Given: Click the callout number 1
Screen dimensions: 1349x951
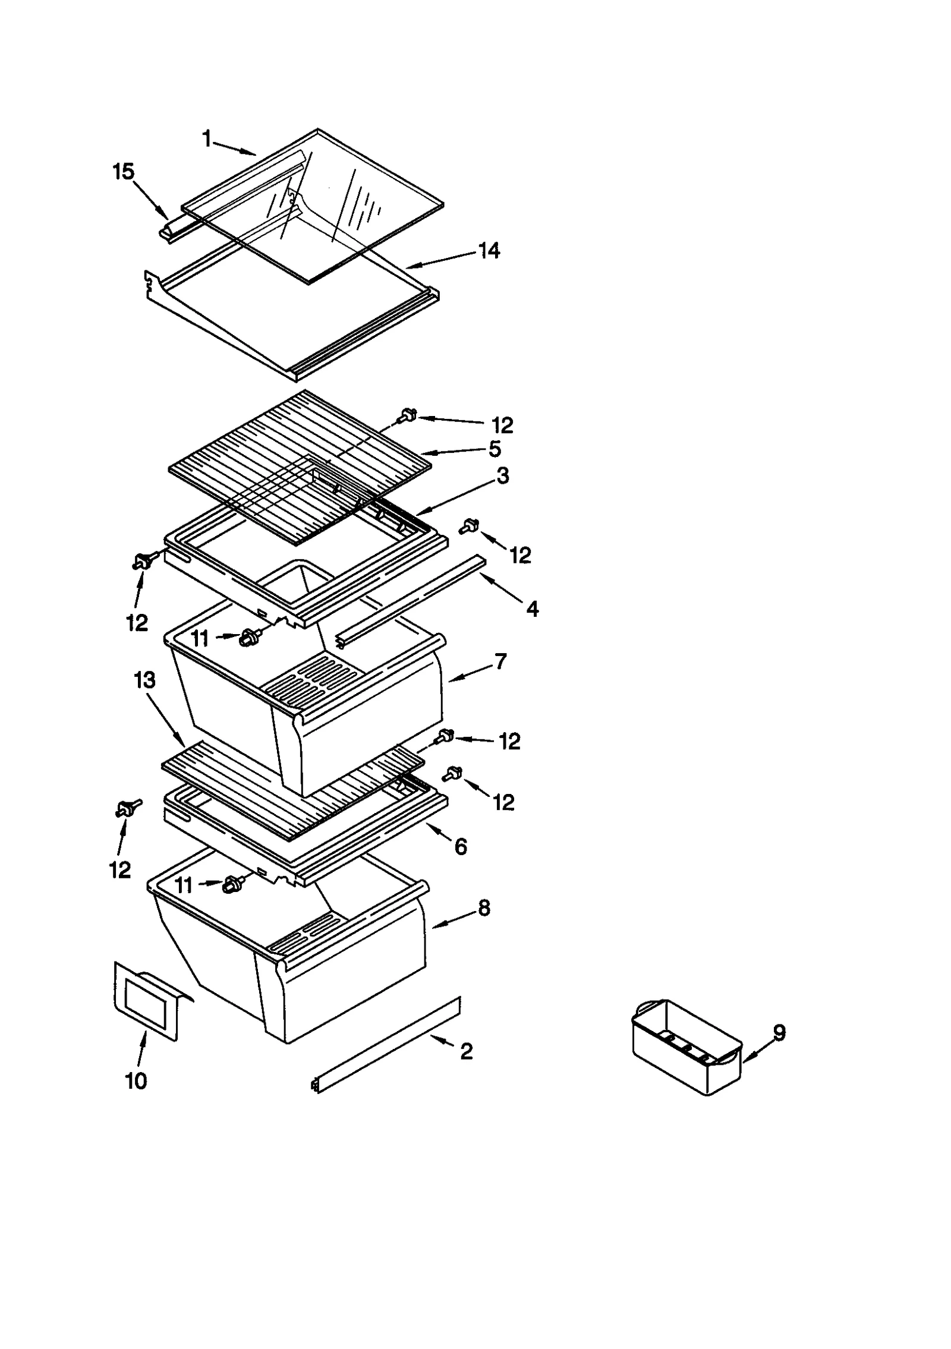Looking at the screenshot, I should point(207,140).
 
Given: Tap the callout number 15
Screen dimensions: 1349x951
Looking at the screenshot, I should point(124,172).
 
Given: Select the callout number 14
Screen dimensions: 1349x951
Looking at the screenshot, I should point(489,251).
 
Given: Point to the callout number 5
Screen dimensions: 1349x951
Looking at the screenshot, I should point(495,449).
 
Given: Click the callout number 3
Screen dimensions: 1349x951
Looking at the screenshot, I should point(503,476).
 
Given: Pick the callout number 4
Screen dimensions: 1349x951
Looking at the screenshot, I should point(533,609).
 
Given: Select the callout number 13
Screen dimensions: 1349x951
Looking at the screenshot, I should point(144,680).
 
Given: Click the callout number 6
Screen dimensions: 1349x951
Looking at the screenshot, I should point(461,847).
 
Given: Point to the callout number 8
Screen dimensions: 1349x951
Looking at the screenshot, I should point(484,908).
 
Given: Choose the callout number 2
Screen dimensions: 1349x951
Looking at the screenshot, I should point(467,1051).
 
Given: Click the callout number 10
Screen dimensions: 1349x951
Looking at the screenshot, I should point(136,1081).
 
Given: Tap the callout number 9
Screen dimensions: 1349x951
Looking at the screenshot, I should point(779,1033).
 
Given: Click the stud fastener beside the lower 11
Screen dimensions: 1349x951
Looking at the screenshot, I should point(231,886).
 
